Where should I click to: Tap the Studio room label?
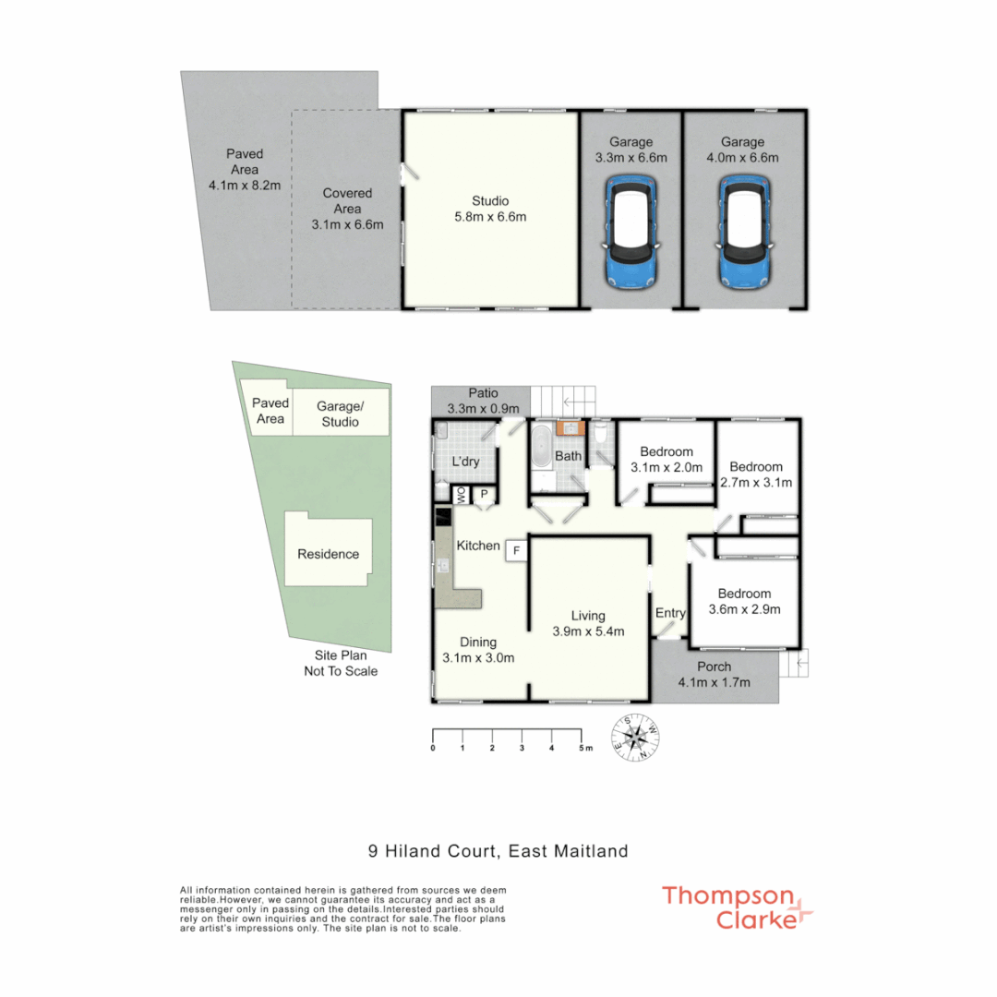(489, 209)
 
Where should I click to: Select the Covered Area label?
(347, 209)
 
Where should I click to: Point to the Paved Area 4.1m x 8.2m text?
(245, 170)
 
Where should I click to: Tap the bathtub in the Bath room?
(541, 448)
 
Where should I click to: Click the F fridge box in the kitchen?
(516, 550)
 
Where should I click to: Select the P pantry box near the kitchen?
(483, 496)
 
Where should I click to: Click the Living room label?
(588, 623)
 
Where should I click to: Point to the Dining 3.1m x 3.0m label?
(478, 650)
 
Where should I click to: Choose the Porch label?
(714, 674)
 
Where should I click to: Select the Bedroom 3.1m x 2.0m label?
(667, 459)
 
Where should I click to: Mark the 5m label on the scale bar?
(583, 748)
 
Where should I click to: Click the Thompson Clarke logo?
(737, 907)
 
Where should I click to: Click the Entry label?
(670, 613)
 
